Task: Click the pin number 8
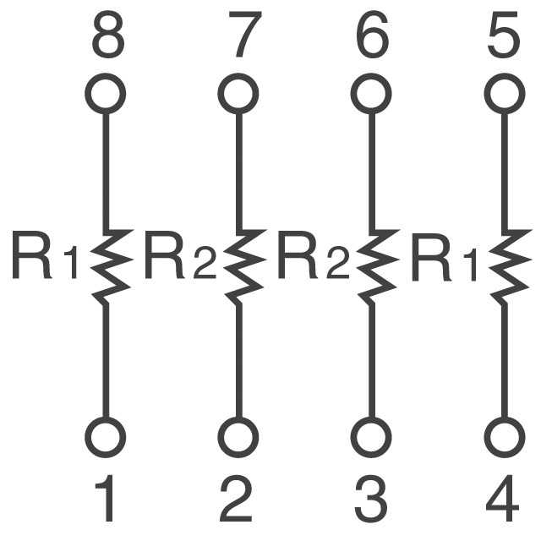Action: click(108, 35)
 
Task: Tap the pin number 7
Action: click(245, 35)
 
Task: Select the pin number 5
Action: click(504, 35)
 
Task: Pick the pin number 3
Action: click(371, 499)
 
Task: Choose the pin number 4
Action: click(503, 498)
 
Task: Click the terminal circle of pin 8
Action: click(105, 93)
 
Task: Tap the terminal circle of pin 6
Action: click(371, 93)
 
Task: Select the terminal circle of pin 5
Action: click(505, 93)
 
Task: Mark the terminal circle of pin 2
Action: click(238, 437)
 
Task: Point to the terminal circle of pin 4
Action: click(505, 437)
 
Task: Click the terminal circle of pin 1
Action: click(105, 437)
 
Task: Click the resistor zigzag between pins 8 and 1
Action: click(111, 265)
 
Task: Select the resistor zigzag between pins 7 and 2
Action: click(244, 265)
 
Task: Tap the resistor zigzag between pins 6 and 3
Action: click(378, 265)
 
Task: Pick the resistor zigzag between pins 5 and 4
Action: click(511, 265)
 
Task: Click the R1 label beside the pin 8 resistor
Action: click(45, 256)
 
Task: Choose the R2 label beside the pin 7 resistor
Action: click(180, 256)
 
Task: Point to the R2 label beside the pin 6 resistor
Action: click(314, 256)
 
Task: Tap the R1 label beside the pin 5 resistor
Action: click(445, 256)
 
